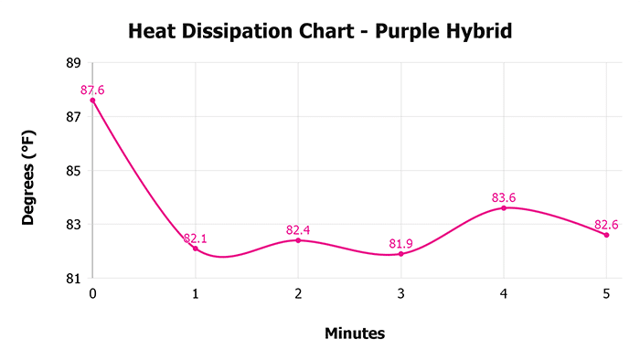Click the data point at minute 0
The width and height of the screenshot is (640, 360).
pos(92,101)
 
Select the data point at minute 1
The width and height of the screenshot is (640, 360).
pos(196,249)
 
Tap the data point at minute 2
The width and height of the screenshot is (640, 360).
pos(298,240)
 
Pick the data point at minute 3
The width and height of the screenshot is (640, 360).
pos(400,254)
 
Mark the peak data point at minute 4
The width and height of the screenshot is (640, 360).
pos(504,208)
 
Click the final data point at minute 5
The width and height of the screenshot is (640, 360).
pos(606,235)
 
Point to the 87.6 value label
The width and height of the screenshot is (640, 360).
pos(93,90)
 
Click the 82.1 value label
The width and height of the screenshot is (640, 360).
pos(196,238)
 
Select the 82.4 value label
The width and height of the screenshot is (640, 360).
pos(298,230)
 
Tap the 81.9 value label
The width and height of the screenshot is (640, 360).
pos(400,244)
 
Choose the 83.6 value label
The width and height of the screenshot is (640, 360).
pos(504,197)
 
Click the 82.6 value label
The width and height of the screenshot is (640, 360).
pos(606,225)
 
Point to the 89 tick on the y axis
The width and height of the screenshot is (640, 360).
pos(73,63)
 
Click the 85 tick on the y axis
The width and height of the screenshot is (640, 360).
pos(73,171)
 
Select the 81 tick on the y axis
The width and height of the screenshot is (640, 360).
pos(73,278)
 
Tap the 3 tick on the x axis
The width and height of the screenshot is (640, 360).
pos(400,294)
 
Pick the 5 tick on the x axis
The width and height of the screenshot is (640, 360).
pos(606,294)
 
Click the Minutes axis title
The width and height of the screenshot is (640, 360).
pos(355,334)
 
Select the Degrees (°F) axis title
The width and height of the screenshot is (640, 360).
pos(29,175)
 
